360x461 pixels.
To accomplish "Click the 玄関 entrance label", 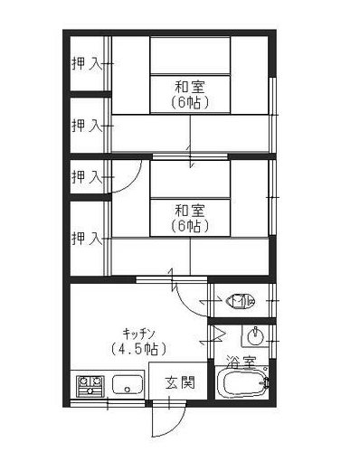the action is tap(180, 383).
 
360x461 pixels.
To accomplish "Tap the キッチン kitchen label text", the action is tap(139, 334).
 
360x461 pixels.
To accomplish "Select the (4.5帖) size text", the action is tap(138, 349).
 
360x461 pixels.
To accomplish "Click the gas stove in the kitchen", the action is tap(90, 386).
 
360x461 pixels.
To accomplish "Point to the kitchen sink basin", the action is tap(128, 384).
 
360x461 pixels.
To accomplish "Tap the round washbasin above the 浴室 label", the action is tap(255, 336).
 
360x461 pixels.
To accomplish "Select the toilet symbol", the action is tap(241, 300).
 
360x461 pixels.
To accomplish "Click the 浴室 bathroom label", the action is tap(242, 362).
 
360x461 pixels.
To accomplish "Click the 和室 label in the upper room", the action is tap(190, 88).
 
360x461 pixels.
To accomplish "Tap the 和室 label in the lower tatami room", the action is tap(190, 211).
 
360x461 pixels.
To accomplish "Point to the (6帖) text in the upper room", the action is tap(190, 102).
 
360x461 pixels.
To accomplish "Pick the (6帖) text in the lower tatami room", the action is tap(190, 226).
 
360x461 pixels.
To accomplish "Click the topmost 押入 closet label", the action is tap(87, 63).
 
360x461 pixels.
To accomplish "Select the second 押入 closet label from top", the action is tap(87, 126).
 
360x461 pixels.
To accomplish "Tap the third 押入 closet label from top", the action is tap(87, 176).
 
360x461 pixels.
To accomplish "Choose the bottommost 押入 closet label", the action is tap(87, 239).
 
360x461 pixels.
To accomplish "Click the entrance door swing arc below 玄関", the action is tap(177, 427).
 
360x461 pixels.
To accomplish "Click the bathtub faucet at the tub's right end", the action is tap(265, 382).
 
